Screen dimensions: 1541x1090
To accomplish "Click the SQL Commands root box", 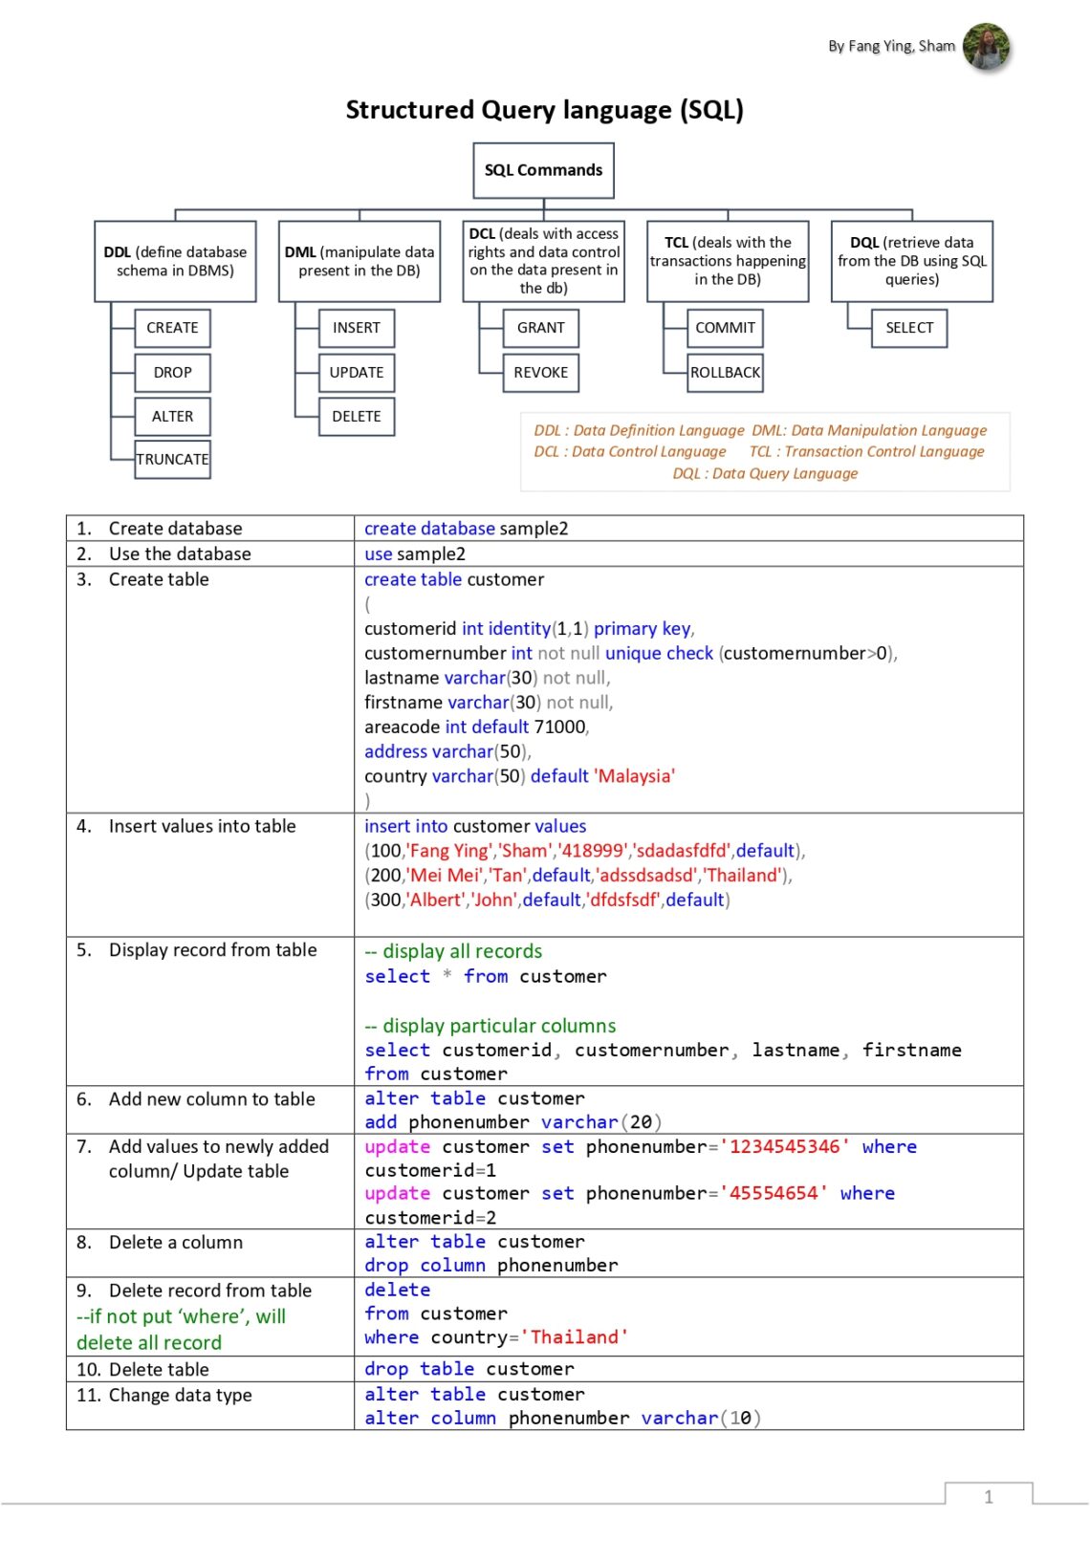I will [x=543, y=170].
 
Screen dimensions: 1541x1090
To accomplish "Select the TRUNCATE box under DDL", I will [x=172, y=459].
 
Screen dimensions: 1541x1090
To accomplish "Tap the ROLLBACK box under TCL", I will [x=725, y=372].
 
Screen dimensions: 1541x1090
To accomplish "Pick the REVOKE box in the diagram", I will [x=540, y=372].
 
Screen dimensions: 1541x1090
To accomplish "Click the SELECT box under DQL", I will [x=908, y=328].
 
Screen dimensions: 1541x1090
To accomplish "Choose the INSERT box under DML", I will [x=356, y=328].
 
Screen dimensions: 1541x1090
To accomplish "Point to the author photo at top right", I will [x=985, y=46].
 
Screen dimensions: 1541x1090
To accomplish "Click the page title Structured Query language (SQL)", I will [x=544, y=110].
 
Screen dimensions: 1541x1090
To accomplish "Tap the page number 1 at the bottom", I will [x=988, y=1497].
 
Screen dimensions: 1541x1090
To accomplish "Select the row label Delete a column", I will [x=176, y=1242].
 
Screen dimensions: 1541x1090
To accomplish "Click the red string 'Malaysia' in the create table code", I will [x=636, y=776].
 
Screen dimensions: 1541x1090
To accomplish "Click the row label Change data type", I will [x=180, y=1395].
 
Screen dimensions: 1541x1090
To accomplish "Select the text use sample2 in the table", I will [x=415, y=553].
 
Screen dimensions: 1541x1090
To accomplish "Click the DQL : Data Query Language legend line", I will [x=765, y=473].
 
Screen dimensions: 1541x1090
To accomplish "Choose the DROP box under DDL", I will [x=172, y=372].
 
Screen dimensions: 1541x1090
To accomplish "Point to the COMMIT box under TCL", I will [x=725, y=328].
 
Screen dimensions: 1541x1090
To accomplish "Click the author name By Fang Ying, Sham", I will [x=891, y=46].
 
